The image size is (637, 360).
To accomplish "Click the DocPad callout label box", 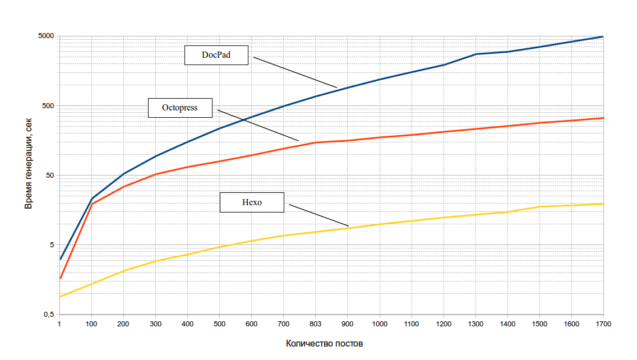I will pyautogui.click(x=216, y=56).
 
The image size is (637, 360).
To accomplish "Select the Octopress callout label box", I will pyautogui.click(x=180, y=108).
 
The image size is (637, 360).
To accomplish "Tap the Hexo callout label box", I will pyautogui.click(x=252, y=202).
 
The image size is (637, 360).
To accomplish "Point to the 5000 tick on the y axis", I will pyautogui.click(x=45, y=36).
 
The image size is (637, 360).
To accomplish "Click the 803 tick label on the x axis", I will pyautogui.click(x=315, y=324).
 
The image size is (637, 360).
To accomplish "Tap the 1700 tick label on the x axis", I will pyautogui.click(x=603, y=324).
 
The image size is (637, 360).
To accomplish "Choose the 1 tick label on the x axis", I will pyautogui.click(x=59, y=324).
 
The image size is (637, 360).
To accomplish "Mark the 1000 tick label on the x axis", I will pyautogui.click(x=380, y=324).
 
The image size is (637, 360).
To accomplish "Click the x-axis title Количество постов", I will pyautogui.click(x=324, y=343).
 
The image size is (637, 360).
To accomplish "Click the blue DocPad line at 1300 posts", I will pyautogui.click(x=476, y=54).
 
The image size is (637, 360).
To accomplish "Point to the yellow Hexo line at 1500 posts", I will pyautogui.click(x=539, y=207).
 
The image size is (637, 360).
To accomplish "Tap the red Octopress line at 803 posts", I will pyautogui.click(x=315, y=142).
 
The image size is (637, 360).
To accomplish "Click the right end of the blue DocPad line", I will pyautogui.click(x=603, y=36).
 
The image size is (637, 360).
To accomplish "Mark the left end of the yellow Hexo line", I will pyautogui.click(x=59, y=296).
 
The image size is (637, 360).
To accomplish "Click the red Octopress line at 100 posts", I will pyautogui.click(x=91, y=204).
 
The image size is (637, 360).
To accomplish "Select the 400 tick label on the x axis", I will pyautogui.click(x=187, y=324).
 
